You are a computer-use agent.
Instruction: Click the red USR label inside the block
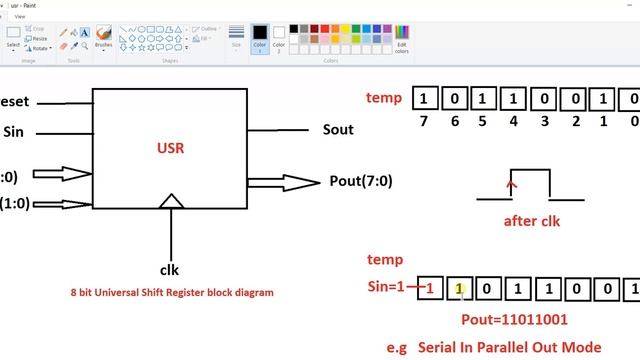[171, 148]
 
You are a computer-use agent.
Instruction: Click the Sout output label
[338, 130]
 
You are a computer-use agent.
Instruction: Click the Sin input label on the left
[13, 131]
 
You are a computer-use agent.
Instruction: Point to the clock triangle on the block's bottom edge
[172, 202]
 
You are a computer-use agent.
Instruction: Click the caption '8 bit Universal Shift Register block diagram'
[171, 293]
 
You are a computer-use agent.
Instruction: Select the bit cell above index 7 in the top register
[425, 99]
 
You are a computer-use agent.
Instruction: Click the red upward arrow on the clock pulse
[513, 183]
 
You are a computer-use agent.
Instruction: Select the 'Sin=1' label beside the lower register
[388, 289]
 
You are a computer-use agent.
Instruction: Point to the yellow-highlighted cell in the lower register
[459, 290]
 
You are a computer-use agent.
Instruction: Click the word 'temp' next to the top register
[384, 98]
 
